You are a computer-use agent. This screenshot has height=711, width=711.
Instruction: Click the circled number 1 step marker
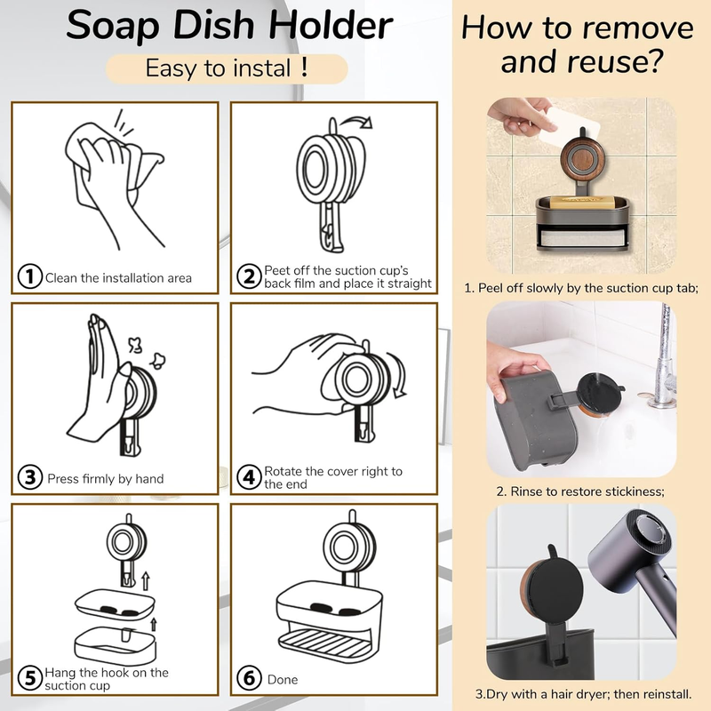tap(30, 276)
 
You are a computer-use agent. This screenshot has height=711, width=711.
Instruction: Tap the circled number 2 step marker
tap(249, 276)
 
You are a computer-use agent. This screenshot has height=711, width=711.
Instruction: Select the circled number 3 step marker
tap(30, 477)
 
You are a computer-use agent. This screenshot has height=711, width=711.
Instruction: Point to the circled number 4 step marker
tap(249, 477)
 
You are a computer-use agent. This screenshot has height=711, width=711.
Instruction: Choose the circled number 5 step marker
tap(30, 678)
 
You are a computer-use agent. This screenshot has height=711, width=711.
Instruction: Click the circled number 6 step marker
tap(249, 678)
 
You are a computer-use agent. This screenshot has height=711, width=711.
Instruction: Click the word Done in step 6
tap(283, 679)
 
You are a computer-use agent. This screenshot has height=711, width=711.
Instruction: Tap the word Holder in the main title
tap(330, 25)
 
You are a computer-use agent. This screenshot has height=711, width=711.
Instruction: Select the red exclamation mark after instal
tap(304, 68)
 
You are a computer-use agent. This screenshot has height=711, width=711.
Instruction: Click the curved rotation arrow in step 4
tap(398, 374)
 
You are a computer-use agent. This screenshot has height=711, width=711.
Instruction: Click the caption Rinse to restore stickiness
tap(580, 491)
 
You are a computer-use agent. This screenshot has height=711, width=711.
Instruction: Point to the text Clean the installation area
tap(118, 278)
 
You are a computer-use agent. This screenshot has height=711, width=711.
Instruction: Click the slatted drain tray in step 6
tap(324, 641)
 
